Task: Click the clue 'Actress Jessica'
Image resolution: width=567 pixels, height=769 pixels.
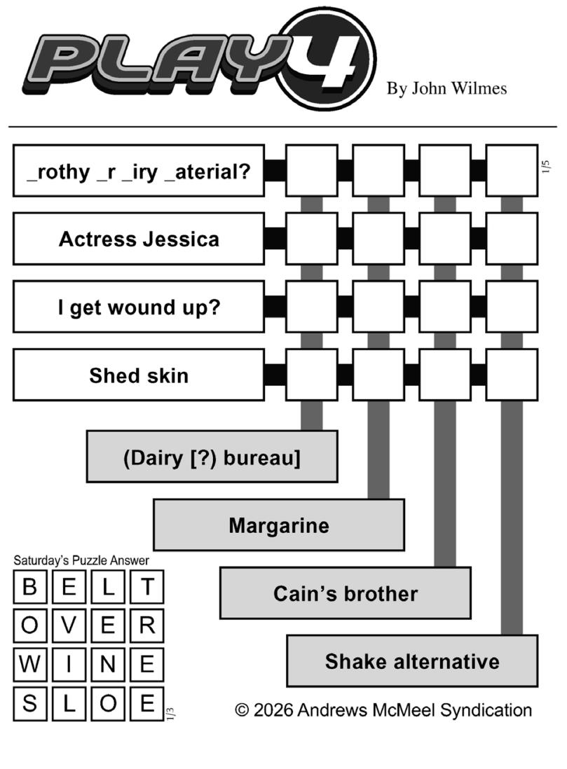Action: [139, 239]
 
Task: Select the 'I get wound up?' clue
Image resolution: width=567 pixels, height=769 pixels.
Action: [139, 307]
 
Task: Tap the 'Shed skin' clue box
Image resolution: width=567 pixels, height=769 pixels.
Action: [139, 375]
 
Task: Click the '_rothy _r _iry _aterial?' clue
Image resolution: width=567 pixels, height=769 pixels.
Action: [139, 171]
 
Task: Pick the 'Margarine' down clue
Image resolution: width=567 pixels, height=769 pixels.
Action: [279, 525]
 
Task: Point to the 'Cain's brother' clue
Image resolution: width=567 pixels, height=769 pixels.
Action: [346, 593]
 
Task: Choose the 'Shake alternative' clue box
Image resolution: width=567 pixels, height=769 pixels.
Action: [412, 661]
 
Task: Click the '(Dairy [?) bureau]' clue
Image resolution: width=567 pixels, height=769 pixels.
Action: [212, 457]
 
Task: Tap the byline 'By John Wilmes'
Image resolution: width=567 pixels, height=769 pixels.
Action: [446, 88]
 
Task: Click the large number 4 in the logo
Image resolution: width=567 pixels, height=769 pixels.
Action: [328, 60]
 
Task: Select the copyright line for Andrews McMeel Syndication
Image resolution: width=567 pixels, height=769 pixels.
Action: [383, 709]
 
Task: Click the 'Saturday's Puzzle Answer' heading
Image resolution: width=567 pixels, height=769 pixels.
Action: [81, 560]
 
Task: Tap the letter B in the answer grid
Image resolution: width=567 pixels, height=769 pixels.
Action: [30, 587]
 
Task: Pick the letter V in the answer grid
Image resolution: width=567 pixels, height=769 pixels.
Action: [69, 625]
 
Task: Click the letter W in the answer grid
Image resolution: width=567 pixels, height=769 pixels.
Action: [30, 664]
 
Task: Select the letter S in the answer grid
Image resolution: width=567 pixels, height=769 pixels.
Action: [30, 702]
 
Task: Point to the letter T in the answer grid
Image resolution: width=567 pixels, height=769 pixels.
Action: [146, 587]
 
